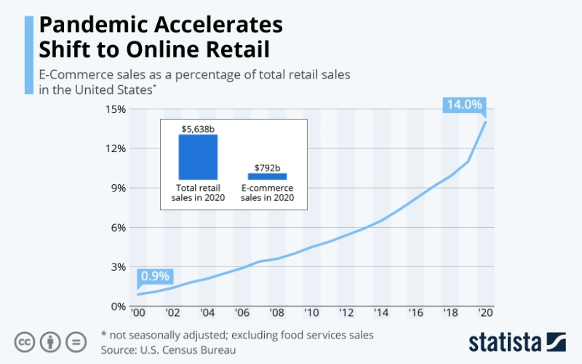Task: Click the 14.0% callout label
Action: (463, 105)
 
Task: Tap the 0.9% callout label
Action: (154, 276)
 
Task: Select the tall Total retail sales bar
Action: (199, 157)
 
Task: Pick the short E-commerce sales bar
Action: (267, 175)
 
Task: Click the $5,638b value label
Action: (199, 128)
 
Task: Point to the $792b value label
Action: (267, 167)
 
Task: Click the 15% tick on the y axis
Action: (116, 109)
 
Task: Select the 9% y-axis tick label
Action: (119, 188)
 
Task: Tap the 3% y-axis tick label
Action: (119, 266)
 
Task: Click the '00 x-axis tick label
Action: (137, 313)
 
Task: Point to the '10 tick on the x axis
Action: (311, 313)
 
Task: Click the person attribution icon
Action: (50, 341)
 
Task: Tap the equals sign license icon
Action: (76, 341)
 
